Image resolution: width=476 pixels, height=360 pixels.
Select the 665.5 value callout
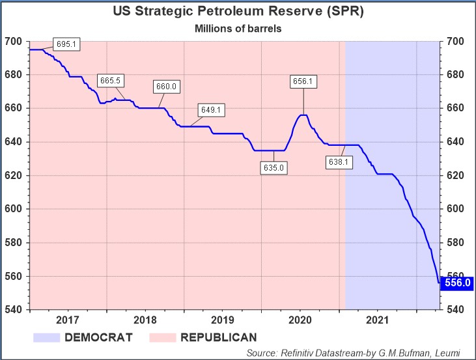point(111,81)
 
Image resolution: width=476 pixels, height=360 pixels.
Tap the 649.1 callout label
point(212,110)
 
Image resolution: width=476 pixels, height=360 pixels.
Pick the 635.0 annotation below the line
point(273,168)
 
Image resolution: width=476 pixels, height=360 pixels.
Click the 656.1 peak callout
point(303,81)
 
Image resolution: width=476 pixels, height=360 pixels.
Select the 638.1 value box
point(339,161)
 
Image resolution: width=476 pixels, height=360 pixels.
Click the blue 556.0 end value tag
point(458,283)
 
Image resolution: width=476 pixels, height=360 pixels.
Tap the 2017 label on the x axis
point(68,320)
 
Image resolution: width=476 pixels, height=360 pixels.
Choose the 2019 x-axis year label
point(223,320)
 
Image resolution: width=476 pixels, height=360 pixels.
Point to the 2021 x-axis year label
point(378,320)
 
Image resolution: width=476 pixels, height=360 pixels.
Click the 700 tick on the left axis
point(14,42)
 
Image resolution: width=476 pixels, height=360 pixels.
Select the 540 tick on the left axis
point(14,310)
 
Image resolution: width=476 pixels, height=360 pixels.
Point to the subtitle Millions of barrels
point(238,29)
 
